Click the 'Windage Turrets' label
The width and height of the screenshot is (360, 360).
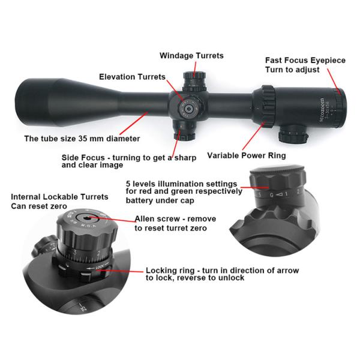(x=191, y=56)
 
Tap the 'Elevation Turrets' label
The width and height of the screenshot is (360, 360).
(x=132, y=77)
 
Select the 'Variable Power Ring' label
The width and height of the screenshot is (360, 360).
(x=247, y=155)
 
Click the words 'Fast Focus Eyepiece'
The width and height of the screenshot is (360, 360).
(x=305, y=61)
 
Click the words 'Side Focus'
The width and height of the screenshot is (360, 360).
(x=83, y=158)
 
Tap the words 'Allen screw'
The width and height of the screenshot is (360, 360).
(x=157, y=219)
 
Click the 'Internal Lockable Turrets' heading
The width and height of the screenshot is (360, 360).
(x=59, y=197)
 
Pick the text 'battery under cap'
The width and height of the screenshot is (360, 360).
(x=160, y=200)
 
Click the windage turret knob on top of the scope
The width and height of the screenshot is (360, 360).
(x=194, y=81)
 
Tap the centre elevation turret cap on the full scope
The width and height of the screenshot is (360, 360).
(x=189, y=109)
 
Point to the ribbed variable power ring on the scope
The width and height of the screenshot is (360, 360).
(x=268, y=106)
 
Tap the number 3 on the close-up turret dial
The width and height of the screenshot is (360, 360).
(x=75, y=253)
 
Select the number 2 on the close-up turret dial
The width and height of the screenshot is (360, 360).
(x=99, y=253)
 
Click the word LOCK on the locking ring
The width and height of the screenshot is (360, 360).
(x=100, y=267)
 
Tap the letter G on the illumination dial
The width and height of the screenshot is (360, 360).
(x=272, y=195)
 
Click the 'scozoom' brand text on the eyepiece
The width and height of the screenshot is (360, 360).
(x=322, y=110)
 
